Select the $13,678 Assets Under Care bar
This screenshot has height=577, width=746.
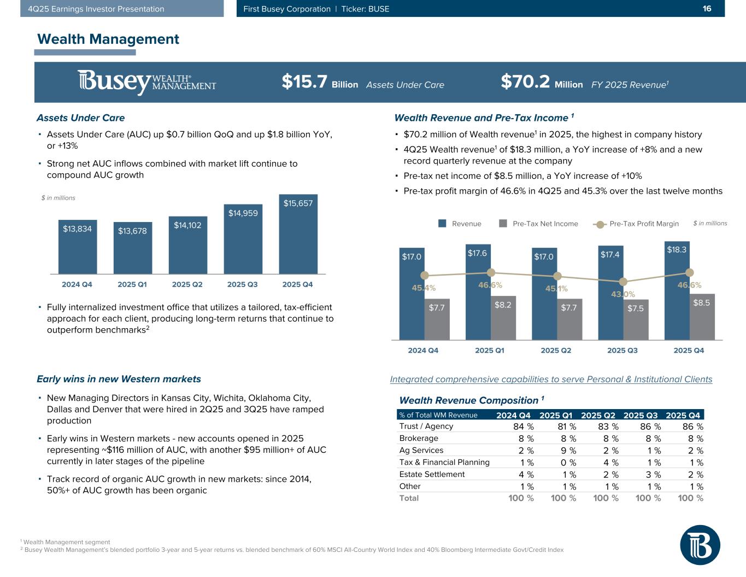tap(132, 248)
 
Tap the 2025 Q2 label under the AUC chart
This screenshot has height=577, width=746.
tap(187, 284)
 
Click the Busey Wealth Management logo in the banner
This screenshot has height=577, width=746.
tap(146, 83)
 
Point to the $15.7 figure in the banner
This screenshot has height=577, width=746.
tap(304, 83)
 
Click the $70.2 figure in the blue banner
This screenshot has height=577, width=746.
tap(525, 83)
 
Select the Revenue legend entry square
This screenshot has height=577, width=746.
tap(442, 223)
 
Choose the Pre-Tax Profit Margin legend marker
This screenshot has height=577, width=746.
tap(600, 224)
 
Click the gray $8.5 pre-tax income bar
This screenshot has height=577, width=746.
tap(702, 317)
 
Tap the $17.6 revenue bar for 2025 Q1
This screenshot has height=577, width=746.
tap(478, 293)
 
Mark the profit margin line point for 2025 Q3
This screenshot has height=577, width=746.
tap(623, 282)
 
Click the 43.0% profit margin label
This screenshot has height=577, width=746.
tap(623, 295)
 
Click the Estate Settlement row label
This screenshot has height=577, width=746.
tap(432, 474)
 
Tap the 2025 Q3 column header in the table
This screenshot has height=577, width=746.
tap(641, 415)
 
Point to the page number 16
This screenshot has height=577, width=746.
tap(707, 8)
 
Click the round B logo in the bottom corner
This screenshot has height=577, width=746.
tap(700, 545)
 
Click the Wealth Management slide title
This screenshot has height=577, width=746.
tap(108, 39)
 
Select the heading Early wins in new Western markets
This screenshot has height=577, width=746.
tap(119, 379)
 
